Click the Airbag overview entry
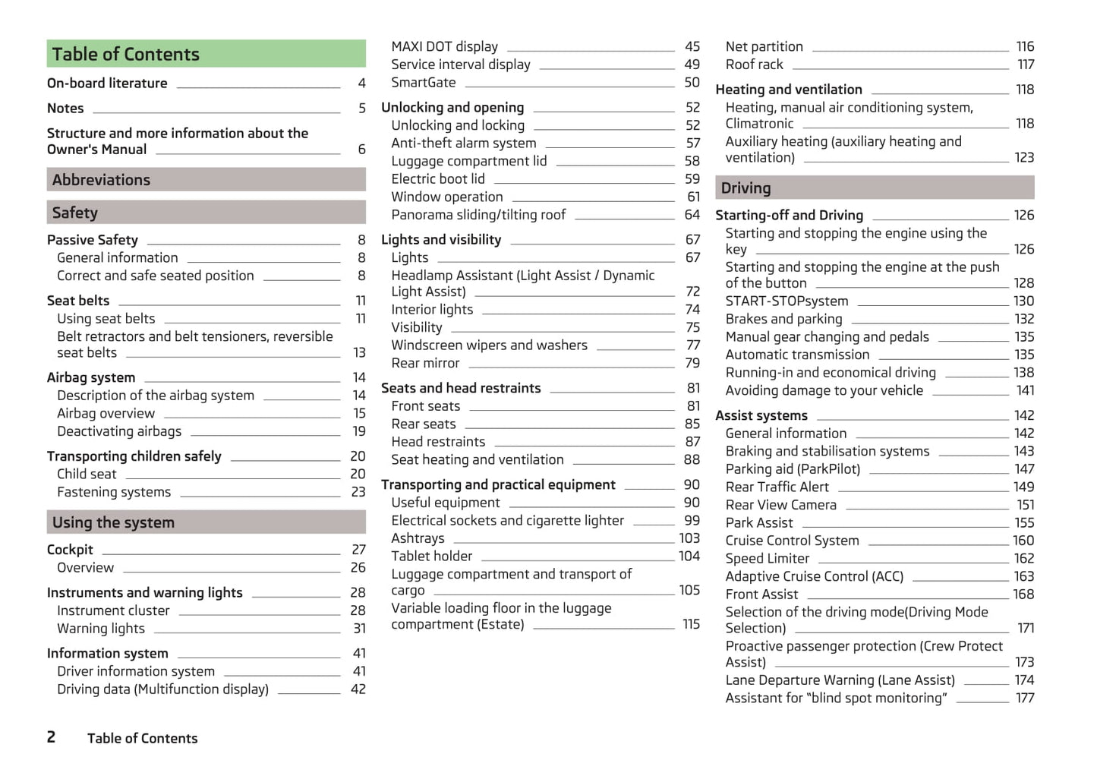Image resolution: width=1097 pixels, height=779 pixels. (106, 414)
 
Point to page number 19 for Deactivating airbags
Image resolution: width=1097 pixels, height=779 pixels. (359, 431)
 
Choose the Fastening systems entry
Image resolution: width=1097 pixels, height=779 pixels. (114, 492)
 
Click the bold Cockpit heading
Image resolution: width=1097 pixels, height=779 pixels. (70, 550)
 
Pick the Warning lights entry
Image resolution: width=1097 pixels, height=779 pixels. (101, 629)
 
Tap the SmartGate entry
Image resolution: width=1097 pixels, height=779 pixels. (424, 83)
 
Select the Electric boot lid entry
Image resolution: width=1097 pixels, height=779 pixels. (438, 179)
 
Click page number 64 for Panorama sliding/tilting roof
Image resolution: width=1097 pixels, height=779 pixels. (692, 215)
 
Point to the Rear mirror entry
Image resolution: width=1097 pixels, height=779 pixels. (425, 364)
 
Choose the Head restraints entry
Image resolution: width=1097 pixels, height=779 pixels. (438, 442)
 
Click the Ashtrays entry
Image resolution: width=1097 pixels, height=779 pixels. (418, 538)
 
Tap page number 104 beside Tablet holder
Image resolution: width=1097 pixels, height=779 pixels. (689, 557)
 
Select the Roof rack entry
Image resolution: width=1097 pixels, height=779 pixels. (754, 65)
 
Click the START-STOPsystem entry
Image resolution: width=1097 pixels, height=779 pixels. (786, 301)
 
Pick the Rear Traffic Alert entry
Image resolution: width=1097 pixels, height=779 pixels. (777, 487)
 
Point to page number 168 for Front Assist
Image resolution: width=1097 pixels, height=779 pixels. (1023, 594)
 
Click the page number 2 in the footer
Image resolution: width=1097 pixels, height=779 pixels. (51, 737)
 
